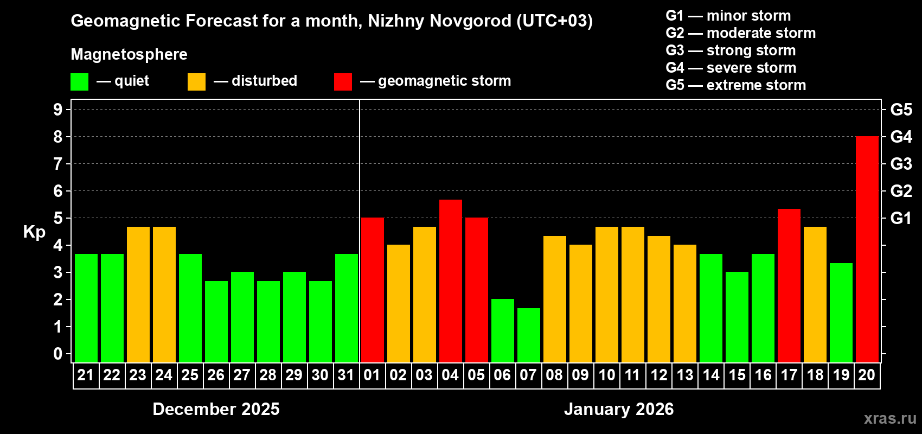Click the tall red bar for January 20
pos(867,250)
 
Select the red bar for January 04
pos(450,281)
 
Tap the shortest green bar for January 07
pos(528,335)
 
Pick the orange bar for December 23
pos(138,295)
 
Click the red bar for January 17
pos(789,285)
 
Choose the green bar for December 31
pos(346,308)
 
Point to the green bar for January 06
pos(502,331)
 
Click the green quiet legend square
pos(79,82)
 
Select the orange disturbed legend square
pos(196,82)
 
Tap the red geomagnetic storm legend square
pos(343,82)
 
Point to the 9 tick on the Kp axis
pos(58,110)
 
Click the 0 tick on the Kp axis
pos(58,354)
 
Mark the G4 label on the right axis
pos(901,137)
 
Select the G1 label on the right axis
pos(901,218)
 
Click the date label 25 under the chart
pos(190,375)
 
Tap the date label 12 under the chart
pos(658,375)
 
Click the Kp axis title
pos(34,232)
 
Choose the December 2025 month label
pos(216,409)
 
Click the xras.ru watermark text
pos(889,418)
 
